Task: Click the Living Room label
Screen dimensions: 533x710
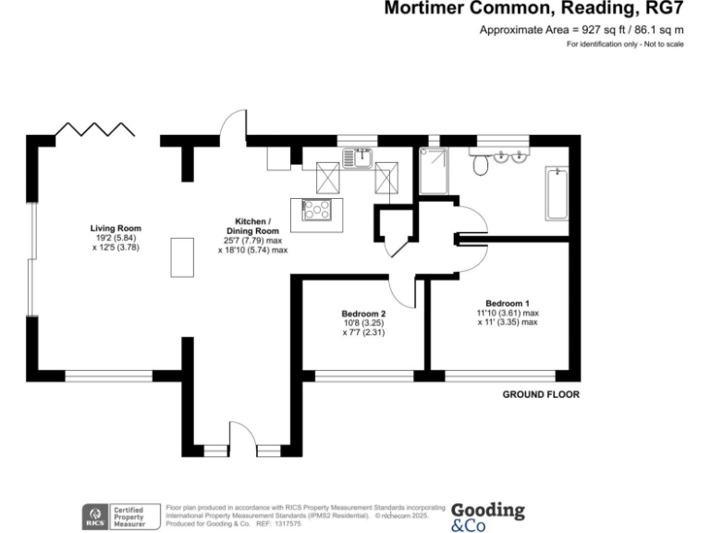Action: click(116, 228)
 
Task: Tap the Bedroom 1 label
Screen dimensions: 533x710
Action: click(508, 304)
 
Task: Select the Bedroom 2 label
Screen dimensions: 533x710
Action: click(363, 314)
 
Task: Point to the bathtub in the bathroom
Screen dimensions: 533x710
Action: click(557, 194)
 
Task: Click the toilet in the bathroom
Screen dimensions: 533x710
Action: click(479, 165)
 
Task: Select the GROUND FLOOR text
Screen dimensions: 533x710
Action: click(541, 394)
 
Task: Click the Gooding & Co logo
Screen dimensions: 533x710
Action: click(487, 516)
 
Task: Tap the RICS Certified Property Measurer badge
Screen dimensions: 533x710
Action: click(115, 516)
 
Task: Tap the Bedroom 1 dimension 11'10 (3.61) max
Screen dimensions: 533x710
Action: click(508, 314)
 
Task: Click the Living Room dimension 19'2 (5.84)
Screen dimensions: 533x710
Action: click(116, 238)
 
